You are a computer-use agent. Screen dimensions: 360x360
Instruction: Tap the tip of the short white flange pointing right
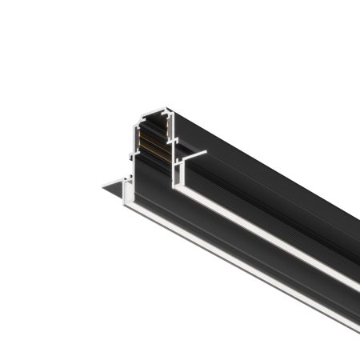(x=206, y=152)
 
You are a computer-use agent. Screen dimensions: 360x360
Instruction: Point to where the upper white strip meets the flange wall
(x=182, y=194)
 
